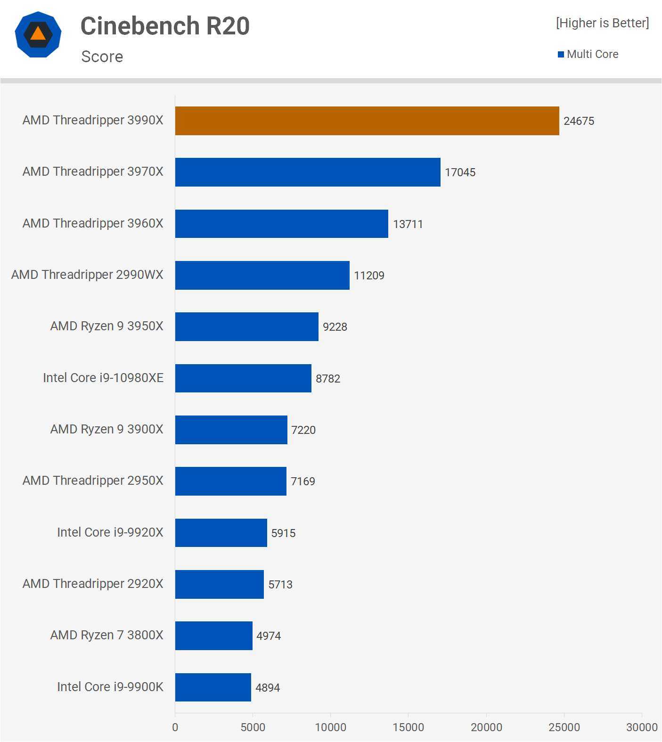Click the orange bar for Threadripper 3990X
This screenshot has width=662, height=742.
(367, 121)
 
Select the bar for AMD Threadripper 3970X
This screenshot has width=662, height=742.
(308, 172)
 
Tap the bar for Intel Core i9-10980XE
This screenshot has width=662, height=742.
(243, 378)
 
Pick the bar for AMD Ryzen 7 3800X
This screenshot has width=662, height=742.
(213, 636)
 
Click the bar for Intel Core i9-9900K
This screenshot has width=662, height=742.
(213, 687)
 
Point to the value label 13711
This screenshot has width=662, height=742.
(408, 224)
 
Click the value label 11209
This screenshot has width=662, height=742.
(369, 275)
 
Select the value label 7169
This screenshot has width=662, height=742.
(303, 481)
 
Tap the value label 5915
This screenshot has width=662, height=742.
(283, 533)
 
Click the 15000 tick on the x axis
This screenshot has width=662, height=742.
(408, 727)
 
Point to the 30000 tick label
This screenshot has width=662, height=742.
(642, 727)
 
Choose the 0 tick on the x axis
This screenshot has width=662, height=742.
(175, 727)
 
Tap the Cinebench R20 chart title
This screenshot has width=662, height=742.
(165, 26)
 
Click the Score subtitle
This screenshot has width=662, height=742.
(102, 57)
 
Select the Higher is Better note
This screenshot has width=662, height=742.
(602, 23)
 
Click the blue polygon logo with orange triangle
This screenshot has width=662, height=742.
(38, 34)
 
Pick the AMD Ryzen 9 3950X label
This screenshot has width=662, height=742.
(107, 326)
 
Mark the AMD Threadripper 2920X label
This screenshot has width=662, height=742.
(93, 583)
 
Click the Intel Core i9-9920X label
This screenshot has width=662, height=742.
(110, 532)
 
